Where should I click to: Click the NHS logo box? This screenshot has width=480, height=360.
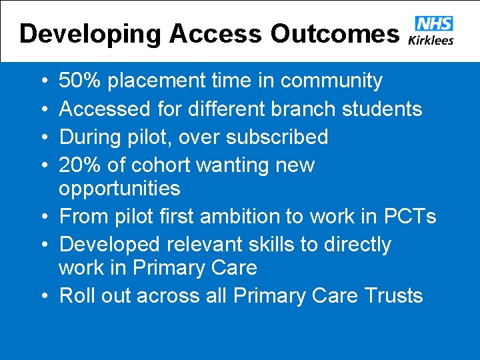coord(433,24)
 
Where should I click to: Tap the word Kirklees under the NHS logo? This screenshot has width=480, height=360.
coord(433,39)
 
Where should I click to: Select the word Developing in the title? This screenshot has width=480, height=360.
coord(89,33)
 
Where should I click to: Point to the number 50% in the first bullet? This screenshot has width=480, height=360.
coord(80,81)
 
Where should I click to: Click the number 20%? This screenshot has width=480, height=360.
coord(80,165)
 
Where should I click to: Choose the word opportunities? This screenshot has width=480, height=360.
coord(119,189)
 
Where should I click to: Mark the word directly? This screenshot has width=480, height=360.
coord(357,245)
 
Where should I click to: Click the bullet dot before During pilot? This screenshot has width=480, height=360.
coord(42,137)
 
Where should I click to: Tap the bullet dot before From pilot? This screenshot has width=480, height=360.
coord(42,217)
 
